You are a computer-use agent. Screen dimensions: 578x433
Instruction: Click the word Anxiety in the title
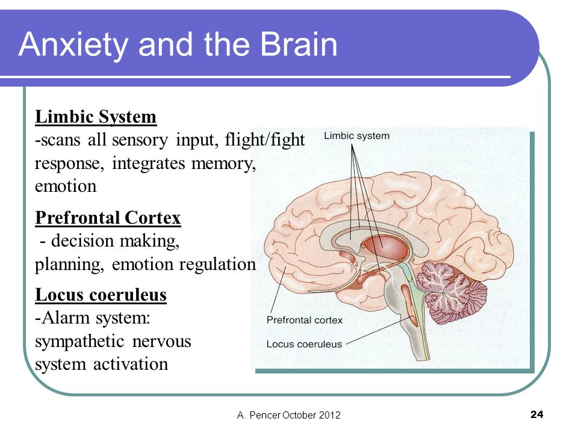73,45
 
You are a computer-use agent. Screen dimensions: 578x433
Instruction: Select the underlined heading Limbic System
96,117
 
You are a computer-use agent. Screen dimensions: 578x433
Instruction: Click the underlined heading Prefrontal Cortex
108,218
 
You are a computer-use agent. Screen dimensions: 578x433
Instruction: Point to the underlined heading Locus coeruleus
101,295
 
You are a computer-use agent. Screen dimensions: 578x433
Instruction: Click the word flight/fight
265,140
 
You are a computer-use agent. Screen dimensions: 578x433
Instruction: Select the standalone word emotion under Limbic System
66,186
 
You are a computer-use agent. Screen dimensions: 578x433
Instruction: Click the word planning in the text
69,265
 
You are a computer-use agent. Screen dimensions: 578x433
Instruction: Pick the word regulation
217,265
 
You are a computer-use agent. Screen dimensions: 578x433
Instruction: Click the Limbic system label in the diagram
356,136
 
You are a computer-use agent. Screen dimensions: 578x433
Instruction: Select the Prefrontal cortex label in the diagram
305,321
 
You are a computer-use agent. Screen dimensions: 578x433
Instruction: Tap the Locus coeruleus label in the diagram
304,344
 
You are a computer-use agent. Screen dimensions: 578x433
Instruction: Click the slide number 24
536,414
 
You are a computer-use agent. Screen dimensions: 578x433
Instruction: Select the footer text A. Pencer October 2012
288,416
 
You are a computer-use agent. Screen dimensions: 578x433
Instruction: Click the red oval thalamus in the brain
385,248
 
